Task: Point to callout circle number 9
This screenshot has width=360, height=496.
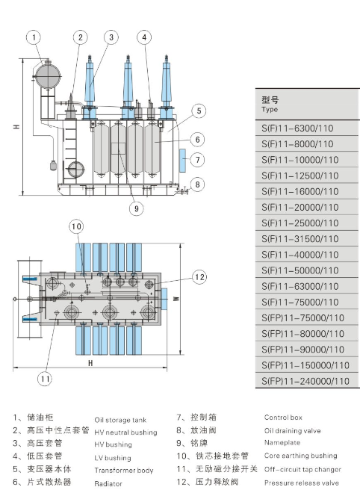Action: point(135,209)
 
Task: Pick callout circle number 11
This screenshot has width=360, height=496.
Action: point(45,379)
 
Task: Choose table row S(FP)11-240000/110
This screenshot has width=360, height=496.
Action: point(305,381)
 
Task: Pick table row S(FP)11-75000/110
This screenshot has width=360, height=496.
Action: point(303,317)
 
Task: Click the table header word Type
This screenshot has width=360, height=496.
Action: point(270,110)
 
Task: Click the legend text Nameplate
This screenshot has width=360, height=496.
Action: point(282,443)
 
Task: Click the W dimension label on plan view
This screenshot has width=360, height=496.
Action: point(196,298)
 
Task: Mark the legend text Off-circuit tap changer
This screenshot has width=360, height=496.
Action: point(302,469)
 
